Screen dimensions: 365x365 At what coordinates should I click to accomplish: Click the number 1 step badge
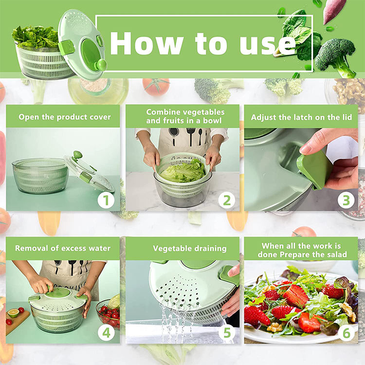tap(106, 200)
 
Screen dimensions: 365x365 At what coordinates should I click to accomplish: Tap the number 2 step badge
tap(227, 200)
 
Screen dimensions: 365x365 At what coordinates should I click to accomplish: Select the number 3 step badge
tap(346, 200)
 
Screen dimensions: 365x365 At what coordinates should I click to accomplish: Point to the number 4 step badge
tap(106, 332)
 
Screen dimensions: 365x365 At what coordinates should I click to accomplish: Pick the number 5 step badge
tap(227, 332)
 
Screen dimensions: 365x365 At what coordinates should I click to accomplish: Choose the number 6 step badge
tap(347, 333)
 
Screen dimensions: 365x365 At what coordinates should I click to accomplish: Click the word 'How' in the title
tap(146, 43)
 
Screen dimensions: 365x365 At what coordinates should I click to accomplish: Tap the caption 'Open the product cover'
tap(64, 117)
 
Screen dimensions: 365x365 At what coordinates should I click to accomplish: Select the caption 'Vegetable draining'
tap(190, 249)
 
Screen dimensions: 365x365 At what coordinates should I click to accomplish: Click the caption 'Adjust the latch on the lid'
tap(301, 117)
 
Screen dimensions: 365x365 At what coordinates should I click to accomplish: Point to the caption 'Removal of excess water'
tap(63, 248)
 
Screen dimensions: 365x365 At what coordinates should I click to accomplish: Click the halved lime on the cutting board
tap(13, 313)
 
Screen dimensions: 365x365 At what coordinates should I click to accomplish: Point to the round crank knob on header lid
tap(101, 64)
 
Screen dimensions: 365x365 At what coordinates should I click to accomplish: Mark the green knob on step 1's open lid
tap(77, 155)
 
